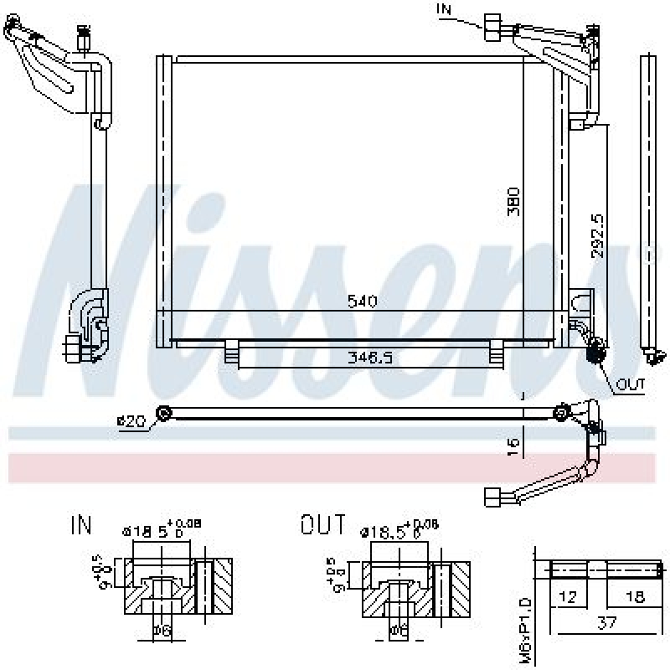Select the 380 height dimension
tap(516, 201)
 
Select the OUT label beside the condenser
tap(631, 385)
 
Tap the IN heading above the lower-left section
tap(81, 526)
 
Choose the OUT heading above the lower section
tap(322, 526)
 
